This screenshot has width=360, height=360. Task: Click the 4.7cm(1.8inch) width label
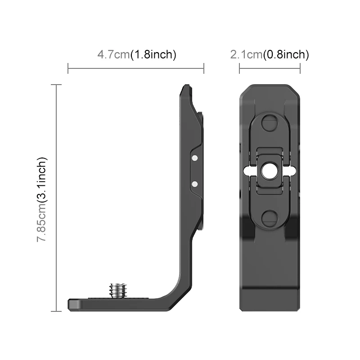point(136,55)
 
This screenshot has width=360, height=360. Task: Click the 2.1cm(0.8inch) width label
point(270,55)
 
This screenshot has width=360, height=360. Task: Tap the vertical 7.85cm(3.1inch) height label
point(42,199)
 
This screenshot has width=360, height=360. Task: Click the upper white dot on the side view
point(194,158)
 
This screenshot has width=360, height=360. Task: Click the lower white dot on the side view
point(194,184)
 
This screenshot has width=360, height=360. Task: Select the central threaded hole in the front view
point(270,171)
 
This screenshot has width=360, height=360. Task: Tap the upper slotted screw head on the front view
point(270,122)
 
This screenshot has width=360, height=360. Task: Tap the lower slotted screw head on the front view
point(270,219)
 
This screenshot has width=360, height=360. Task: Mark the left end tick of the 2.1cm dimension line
point(239,69)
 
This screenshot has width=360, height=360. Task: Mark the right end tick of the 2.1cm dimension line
point(300,69)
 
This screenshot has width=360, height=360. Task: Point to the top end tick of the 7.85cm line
point(56,85)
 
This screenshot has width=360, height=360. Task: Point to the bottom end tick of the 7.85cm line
point(56,311)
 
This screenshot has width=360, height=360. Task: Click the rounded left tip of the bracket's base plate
point(70,305)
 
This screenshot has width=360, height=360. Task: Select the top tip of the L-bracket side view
point(185,86)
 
